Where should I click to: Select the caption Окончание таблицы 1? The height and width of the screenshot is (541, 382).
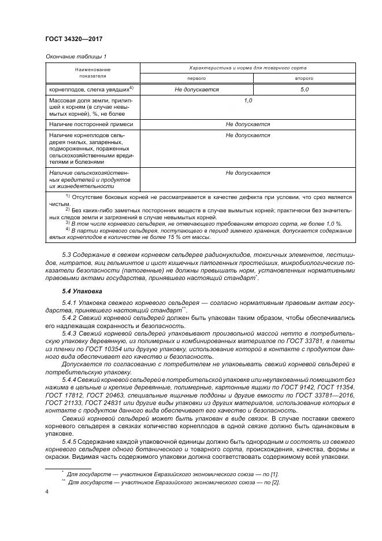tap(75, 56)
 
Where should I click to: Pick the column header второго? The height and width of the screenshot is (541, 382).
tap(305, 78)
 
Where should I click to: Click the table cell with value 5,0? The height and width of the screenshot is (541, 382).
tap(305, 90)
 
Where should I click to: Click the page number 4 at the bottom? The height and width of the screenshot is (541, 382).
tap(46, 492)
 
